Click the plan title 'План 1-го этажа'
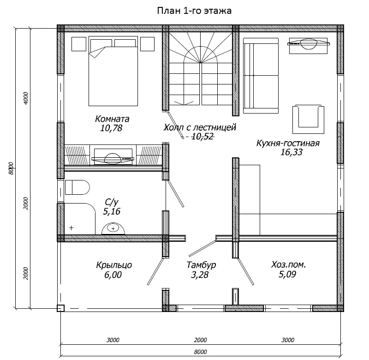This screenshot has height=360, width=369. pyautogui.click(x=194, y=11)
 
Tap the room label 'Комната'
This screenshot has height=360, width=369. pyautogui.click(x=112, y=119)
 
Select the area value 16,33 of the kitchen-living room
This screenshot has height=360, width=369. pyautogui.click(x=291, y=152)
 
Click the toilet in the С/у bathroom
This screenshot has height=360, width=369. pyautogui.click(x=77, y=187)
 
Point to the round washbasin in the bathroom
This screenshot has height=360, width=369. pyautogui.click(x=113, y=228)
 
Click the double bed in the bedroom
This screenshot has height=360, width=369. pyautogui.click(x=113, y=71)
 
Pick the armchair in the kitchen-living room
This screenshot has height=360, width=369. pyautogui.click(x=308, y=119)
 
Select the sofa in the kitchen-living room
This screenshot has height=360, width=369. pyautogui.click(x=261, y=76)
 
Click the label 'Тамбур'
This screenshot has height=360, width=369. pyautogui.click(x=201, y=265)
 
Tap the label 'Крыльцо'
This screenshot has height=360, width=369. pyautogui.click(x=114, y=265)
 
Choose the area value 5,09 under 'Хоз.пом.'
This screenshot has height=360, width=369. pyautogui.click(x=287, y=275)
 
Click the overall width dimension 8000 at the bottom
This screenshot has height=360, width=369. pyautogui.click(x=200, y=352)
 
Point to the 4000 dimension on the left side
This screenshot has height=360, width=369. pyautogui.click(x=26, y=98)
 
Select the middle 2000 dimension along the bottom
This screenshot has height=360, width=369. pyautogui.click(x=200, y=340)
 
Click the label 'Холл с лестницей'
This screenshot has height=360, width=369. pyautogui.click(x=200, y=127)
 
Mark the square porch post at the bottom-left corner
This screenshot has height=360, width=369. pyautogui.click(x=60, y=308)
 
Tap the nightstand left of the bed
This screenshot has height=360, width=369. pyautogui.click(x=79, y=44)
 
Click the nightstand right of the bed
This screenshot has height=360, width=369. pyautogui.click(x=147, y=44)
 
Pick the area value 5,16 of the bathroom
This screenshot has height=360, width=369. pyautogui.click(x=112, y=211)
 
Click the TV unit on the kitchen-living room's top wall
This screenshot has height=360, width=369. pyautogui.click(x=308, y=46)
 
